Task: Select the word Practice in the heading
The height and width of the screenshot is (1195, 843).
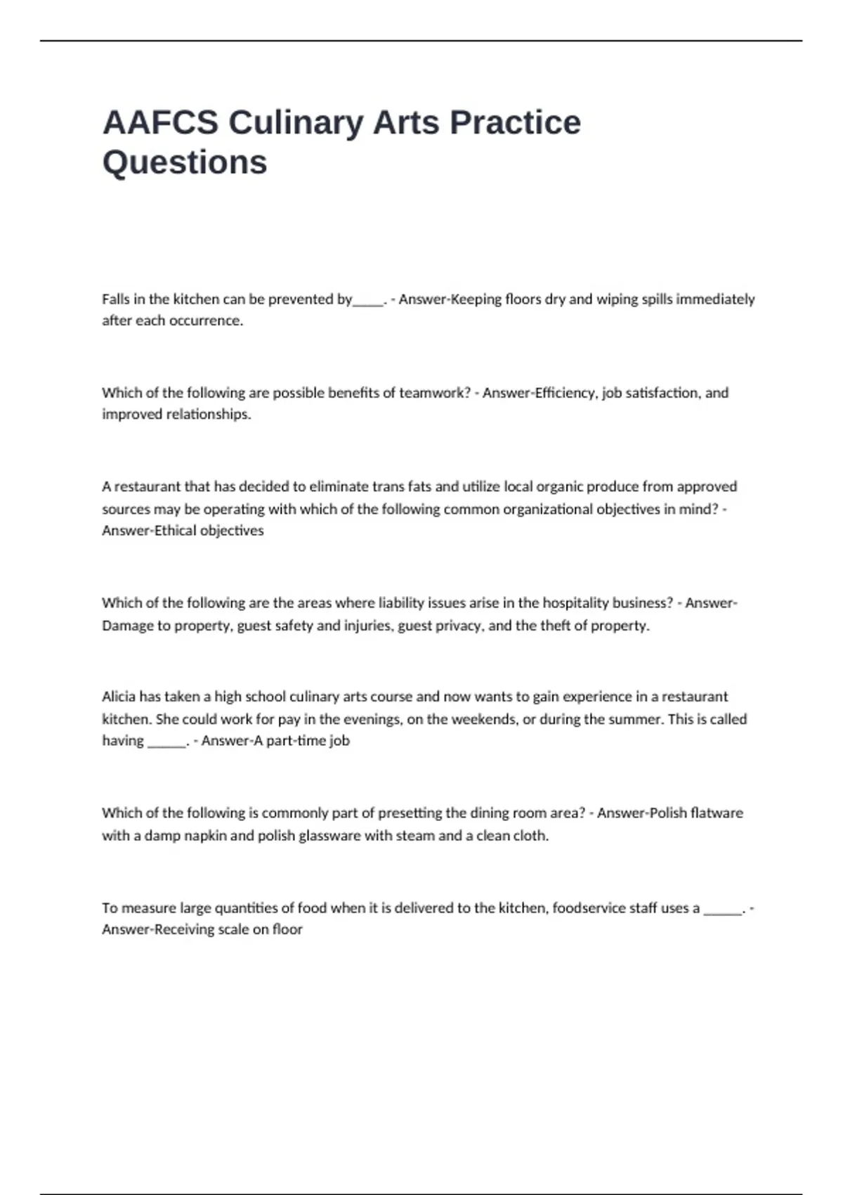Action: [x=515, y=122]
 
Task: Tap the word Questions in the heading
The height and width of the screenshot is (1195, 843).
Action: [x=185, y=162]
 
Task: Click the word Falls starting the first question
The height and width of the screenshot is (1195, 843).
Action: [x=116, y=299]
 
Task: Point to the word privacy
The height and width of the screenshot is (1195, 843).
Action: [x=457, y=626]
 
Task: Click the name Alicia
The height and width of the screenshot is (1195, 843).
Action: [x=119, y=697]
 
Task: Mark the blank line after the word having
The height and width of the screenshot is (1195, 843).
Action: [x=166, y=742]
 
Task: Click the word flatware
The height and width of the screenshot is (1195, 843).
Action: [x=717, y=813]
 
